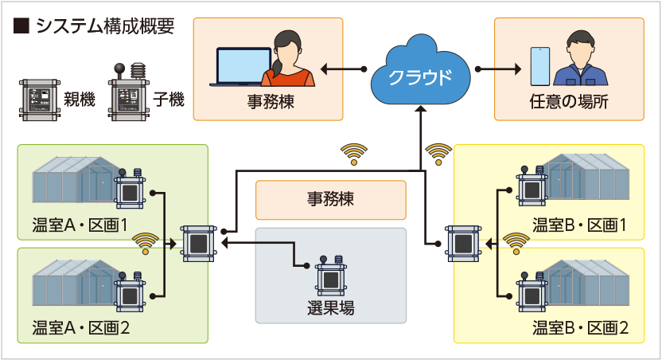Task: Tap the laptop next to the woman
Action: [x=242, y=67]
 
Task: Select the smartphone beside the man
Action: [x=540, y=66]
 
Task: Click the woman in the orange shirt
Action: [x=288, y=58]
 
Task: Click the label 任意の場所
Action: [x=569, y=102]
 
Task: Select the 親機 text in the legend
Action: [x=80, y=100]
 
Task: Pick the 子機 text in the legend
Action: [x=169, y=100]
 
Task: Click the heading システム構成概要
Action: [x=105, y=26]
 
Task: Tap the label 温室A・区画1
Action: [x=80, y=225]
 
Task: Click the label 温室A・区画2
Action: [x=80, y=328]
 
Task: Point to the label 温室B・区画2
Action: [x=580, y=328]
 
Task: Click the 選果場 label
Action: [x=330, y=308]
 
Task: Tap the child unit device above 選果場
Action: [x=331, y=275]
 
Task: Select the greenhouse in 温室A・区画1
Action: [x=76, y=178]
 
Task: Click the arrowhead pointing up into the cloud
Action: [x=420, y=109]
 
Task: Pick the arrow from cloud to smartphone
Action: [x=498, y=68]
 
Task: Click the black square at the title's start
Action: [x=21, y=26]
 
